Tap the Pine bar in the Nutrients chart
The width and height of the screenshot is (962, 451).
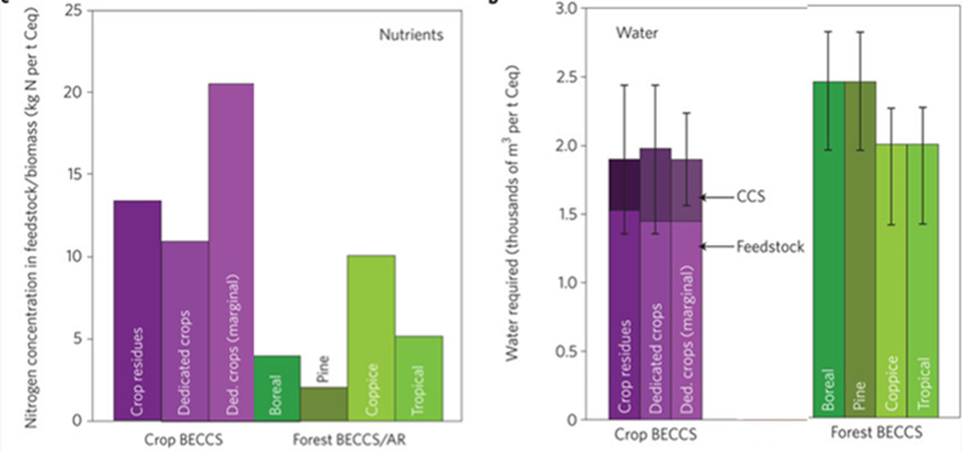(x=325, y=404)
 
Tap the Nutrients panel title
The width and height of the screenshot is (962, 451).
(x=410, y=34)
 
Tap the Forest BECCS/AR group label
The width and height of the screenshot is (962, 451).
(x=346, y=438)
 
